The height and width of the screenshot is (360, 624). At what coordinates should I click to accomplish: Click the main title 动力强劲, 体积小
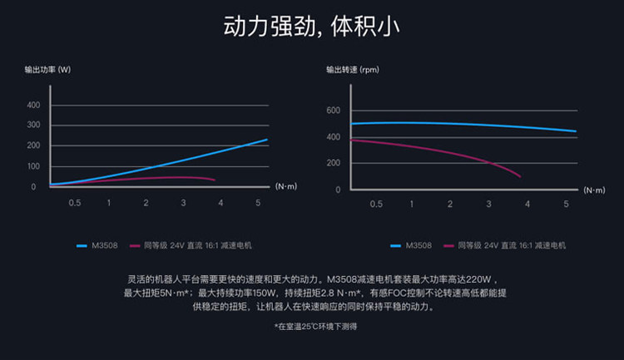tap(312, 27)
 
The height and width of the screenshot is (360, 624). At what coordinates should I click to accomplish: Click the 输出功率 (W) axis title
tap(47, 70)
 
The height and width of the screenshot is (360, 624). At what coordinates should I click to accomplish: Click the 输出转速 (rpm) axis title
tap(353, 70)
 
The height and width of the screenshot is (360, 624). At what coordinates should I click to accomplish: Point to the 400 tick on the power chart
tap(33, 105)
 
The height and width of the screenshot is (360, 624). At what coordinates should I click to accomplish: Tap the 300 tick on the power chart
tap(33, 125)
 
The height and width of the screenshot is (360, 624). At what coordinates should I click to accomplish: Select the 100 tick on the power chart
tap(33, 166)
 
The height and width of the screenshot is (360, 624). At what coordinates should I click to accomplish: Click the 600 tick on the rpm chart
tap(334, 111)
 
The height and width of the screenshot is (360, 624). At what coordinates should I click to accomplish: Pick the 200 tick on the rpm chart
tap(334, 163)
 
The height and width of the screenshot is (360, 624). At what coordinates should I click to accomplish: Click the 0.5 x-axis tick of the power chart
tap(74, 203)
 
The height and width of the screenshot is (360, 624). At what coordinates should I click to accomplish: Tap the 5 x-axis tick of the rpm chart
tap(566, 204)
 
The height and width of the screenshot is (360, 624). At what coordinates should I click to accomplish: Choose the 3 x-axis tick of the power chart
tap(183, 203)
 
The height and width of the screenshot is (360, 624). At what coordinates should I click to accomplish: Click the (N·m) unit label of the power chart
tap(286, 186)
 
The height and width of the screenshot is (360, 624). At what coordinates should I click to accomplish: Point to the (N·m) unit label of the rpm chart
tap(594, 190)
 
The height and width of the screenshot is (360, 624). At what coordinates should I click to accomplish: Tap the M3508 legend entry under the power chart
tap(97, 245)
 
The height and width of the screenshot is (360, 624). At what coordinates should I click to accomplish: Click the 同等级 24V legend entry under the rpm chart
tap(505, 245)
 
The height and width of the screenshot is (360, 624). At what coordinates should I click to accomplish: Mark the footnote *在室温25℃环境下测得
tap(315, 327)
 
